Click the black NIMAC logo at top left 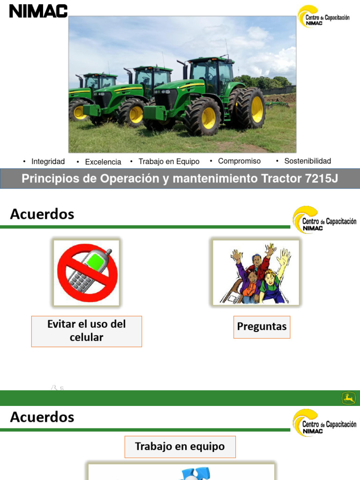coord(38,11)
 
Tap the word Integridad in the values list coord(48,162)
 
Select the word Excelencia coord(103,162)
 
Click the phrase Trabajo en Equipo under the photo coord(169,162)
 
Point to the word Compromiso coord(239,161)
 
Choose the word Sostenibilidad coord(307,161)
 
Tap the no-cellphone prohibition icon coord(87,272)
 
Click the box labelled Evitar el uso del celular coord(87,331)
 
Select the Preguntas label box coord(262,327)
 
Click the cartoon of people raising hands coord(255,273)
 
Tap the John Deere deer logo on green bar coord(348,398)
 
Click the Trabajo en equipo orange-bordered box coord(180,447)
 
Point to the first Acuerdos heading coord(42,214)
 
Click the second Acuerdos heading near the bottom coord(42,417)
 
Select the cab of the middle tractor coord(152,77)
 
